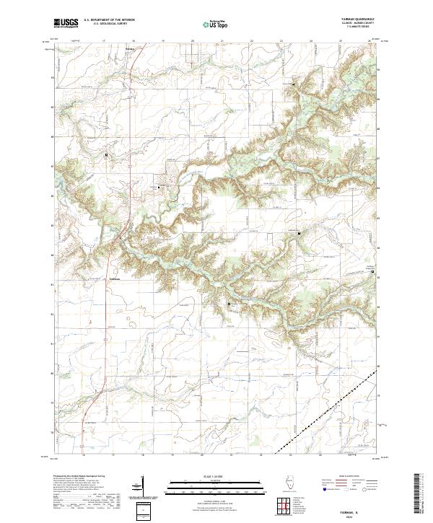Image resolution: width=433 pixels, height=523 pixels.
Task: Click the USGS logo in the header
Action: pyautogui.click(x=66, y=24)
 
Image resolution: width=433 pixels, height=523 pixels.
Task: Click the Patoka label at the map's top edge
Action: pyautogui.click(x=130, y=49)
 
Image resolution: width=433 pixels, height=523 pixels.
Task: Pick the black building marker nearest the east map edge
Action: pyautogui.click(x=372, y=272)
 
